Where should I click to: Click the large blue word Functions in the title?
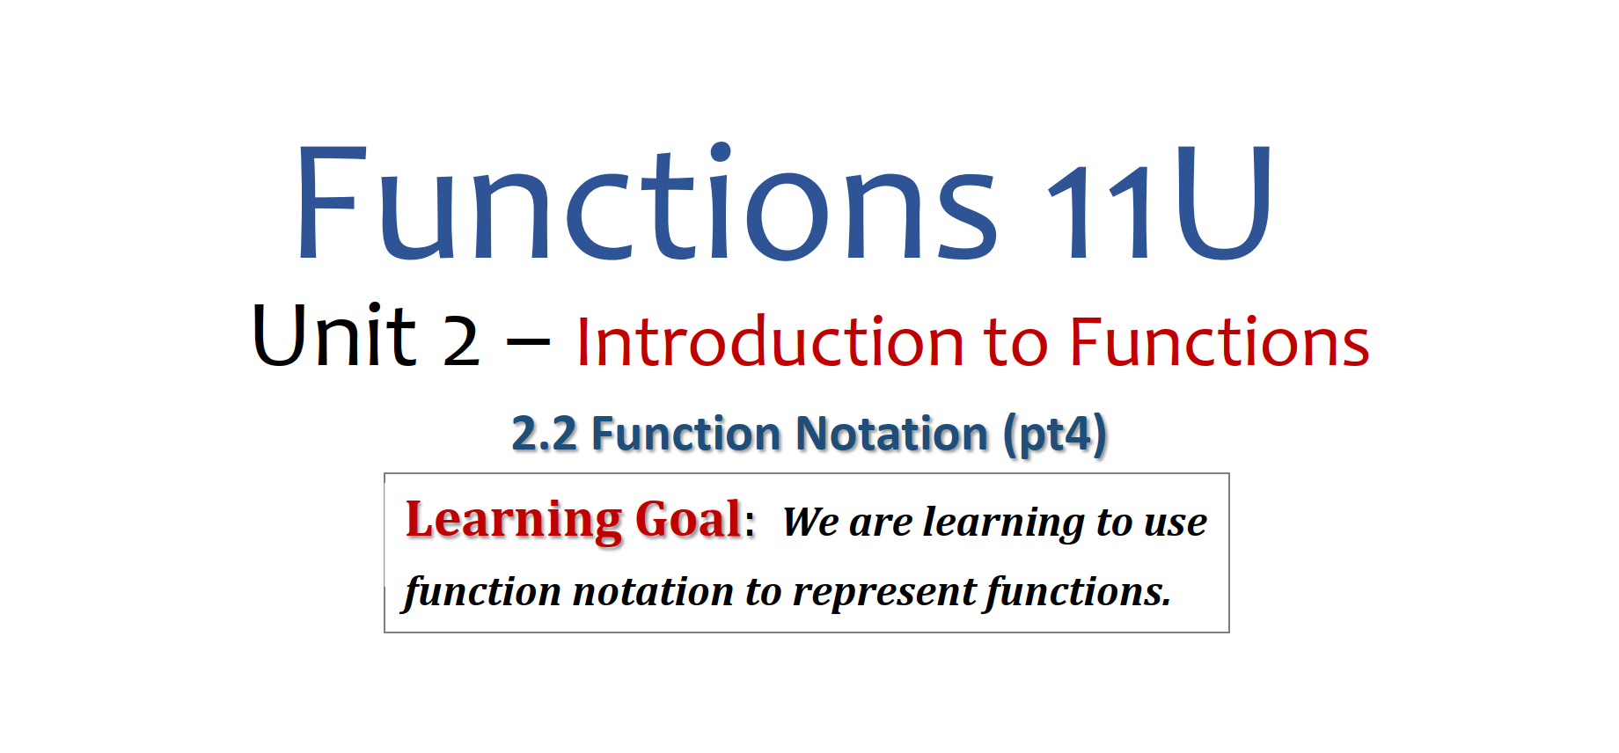click(647, 202)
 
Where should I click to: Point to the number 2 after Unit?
click(461, 341)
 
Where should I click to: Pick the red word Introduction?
click(771, 340)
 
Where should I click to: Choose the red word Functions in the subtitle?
click(1220, 340)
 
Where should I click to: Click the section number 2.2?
click(545, 434)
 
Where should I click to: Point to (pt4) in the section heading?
click(1055, 435)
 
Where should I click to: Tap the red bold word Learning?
click(514, 520)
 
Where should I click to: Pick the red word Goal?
click(689, 518)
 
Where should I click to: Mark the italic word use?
click(1176, 524)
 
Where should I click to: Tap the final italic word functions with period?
click(1078, 591)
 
